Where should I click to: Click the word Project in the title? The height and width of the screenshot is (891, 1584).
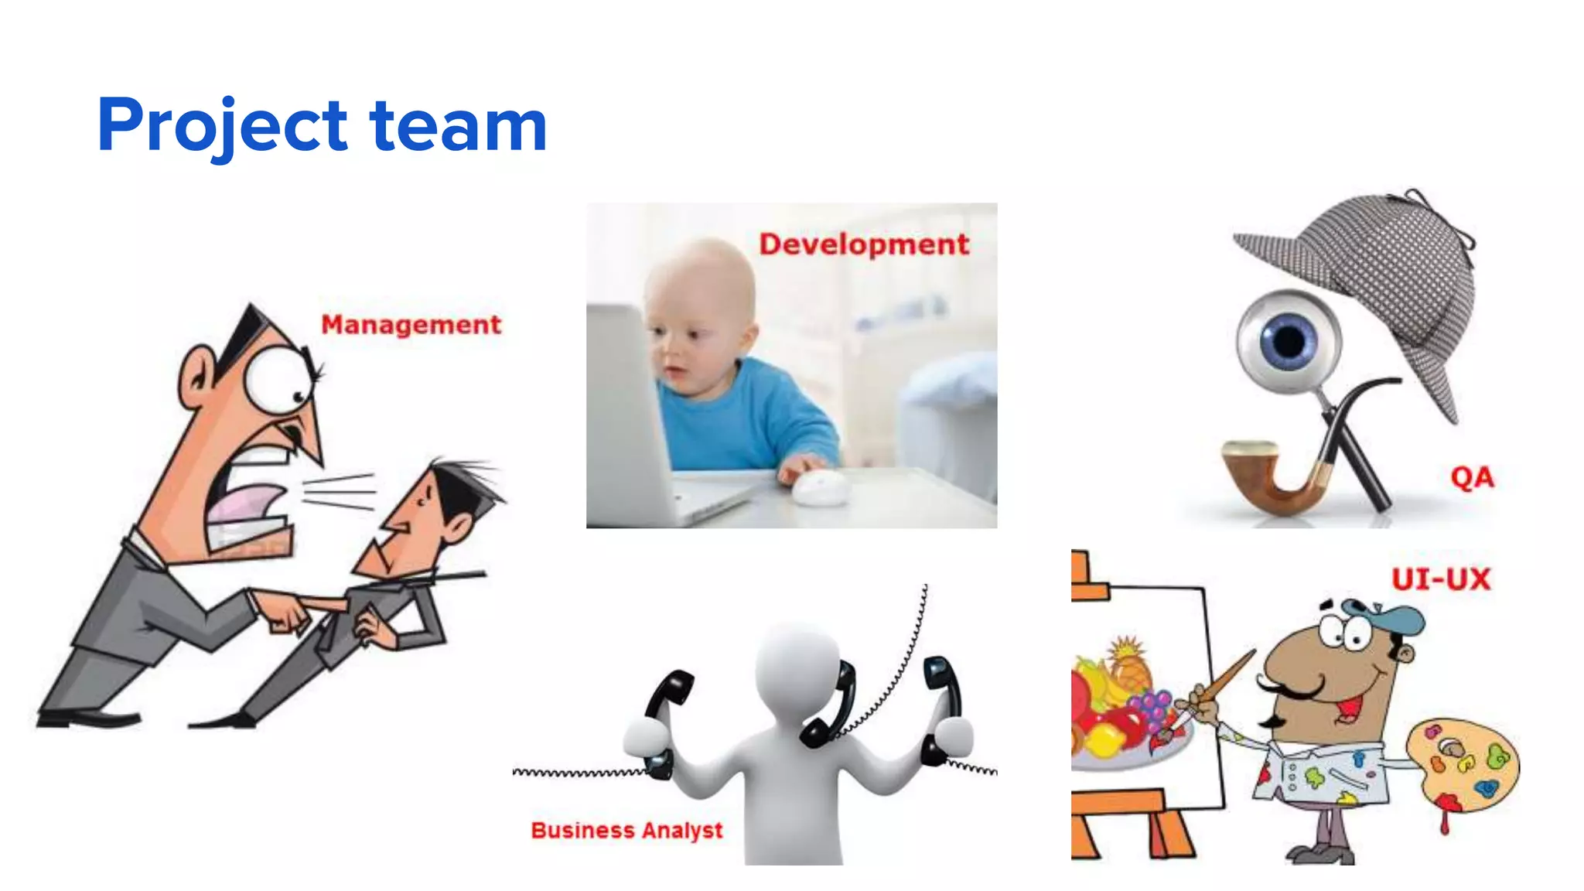point(223,126)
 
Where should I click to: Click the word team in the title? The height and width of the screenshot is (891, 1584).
point(459,126)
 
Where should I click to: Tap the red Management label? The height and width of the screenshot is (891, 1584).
point(411,325)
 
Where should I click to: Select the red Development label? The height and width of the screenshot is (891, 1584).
point(863,244)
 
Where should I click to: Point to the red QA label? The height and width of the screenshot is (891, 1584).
point(1472,477)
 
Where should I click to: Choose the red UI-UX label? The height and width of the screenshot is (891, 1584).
point(1440,579)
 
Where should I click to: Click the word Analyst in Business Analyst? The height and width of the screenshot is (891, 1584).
point(682,831)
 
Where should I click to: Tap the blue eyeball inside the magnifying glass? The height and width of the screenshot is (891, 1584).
point(1288,340)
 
